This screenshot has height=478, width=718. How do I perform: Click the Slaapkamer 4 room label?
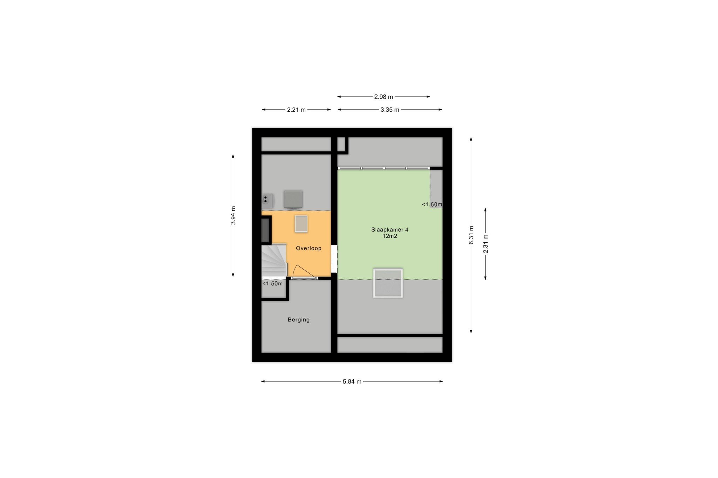pos(390,230)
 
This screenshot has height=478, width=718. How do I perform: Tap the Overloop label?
pos(309,248)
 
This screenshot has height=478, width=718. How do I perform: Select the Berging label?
pos(299,320)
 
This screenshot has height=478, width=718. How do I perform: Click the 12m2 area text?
pos(390,236)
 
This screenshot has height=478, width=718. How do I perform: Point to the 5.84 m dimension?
pos(352,382)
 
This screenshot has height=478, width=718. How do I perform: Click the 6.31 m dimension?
pos(472,235)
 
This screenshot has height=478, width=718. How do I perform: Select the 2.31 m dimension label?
pos(486,244)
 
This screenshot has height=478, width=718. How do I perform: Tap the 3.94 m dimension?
pos(233,215)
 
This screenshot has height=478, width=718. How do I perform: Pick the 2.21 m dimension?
pos(296,110)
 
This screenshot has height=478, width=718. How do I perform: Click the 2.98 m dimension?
pos(384,97)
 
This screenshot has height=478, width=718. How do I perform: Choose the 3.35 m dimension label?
pos(390,110)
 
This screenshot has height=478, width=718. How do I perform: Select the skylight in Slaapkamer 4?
pos(388,283)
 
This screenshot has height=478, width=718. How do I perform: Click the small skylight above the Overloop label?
pos(301,224)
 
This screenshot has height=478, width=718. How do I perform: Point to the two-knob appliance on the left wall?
pos(267,201)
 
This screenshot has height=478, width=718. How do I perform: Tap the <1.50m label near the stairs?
pos(272,284)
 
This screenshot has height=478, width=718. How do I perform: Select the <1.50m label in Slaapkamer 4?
pos(432,205)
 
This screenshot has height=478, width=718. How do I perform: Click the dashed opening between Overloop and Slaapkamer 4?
pos(334,259)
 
